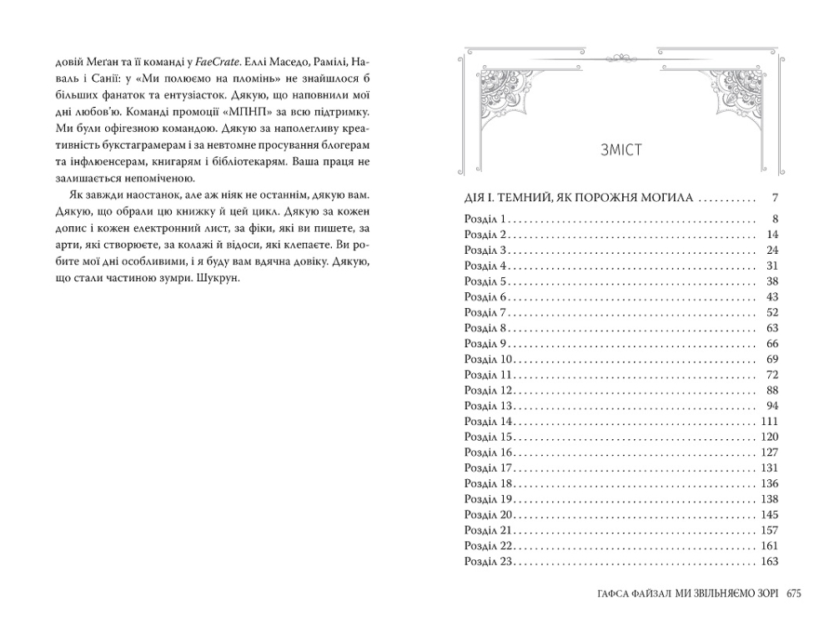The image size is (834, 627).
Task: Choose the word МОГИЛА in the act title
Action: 660,199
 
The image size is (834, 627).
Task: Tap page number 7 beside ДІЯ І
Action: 775,199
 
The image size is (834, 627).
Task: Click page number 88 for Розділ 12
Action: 771,390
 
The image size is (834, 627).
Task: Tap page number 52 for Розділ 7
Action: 771,312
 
